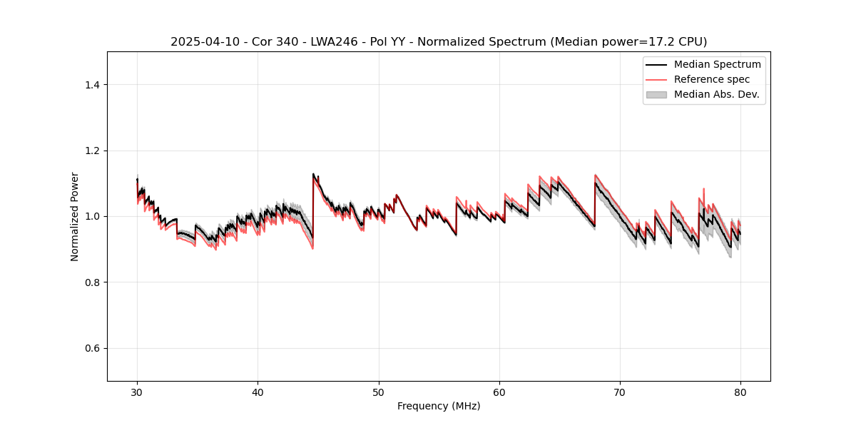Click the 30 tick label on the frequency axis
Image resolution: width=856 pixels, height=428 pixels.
tap(137, 392)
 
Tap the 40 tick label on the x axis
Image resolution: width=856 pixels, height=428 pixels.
tap(258, 392)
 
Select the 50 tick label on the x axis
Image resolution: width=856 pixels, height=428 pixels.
tap(379, 392)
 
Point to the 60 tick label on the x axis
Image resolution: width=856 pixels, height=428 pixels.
tap(499, 392)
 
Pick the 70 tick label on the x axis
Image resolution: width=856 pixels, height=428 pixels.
tap(620, 392)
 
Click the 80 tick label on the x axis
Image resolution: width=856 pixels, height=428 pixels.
tap(740, 392)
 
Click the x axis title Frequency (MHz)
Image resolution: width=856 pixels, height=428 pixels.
tap(439, 406)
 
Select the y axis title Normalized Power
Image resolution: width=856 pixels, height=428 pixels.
tap(75, 216)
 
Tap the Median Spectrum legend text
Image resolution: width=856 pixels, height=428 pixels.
tap(717, 64)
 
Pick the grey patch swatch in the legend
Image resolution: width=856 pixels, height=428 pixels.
tap(656, 94)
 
